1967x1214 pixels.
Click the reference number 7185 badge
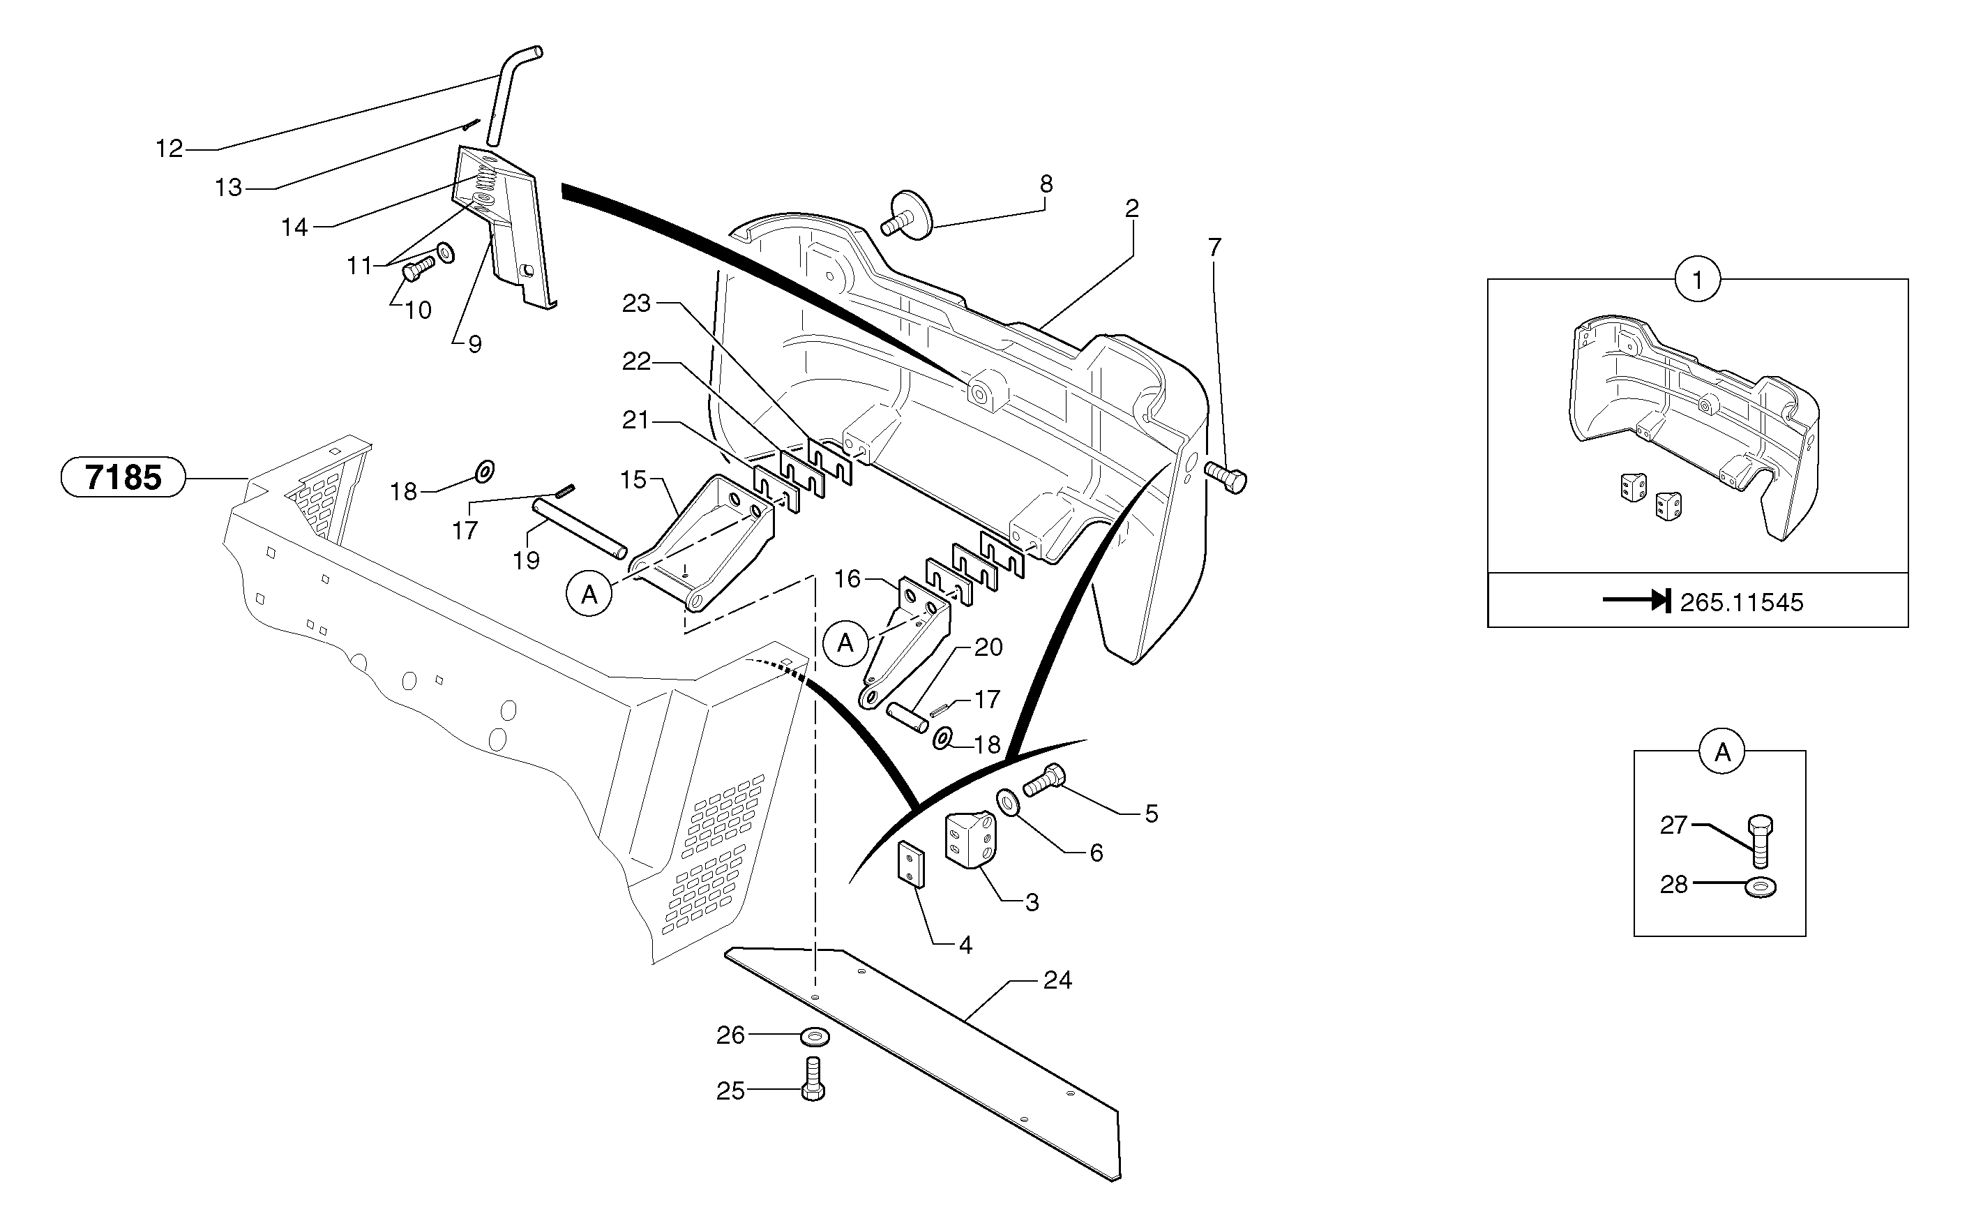(123, 478)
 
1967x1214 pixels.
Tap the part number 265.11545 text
(1741, 602)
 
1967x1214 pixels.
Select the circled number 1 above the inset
(1697, 280)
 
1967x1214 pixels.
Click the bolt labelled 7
(1226, 478)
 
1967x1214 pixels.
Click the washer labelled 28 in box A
(1761, 887)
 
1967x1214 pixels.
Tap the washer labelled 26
(815, 1037)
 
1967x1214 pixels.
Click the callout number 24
(1057, 980)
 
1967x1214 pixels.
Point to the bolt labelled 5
(1044, 779)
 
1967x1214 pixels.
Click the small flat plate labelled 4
(911, 863)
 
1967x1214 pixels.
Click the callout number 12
(169, 149)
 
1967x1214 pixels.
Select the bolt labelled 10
(417, 267)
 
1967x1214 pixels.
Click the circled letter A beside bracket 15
(590, 594)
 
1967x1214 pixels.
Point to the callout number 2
(1131, 209)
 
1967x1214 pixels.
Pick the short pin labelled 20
(907, 717)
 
